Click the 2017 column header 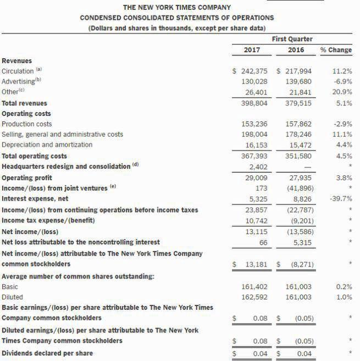(251, 50)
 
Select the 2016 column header (296, 50)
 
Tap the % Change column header (336, 50)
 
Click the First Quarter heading (292, 39)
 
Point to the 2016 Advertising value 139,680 (300, 82)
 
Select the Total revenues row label (25, 103)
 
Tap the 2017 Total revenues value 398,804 (254, 103)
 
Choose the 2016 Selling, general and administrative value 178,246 (300, 135)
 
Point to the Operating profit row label (27, 177)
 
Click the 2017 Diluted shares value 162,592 (254, 297)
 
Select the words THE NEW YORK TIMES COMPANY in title (176, 8)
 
